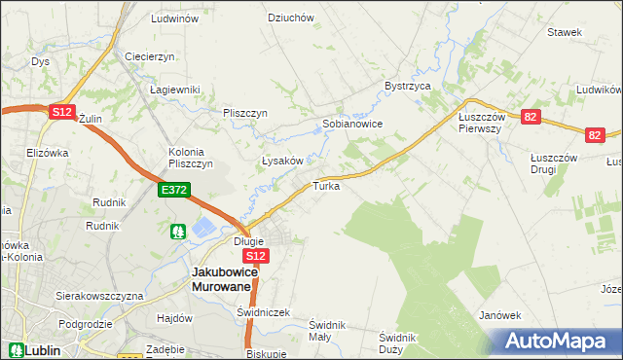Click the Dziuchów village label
click(x=290, y=18)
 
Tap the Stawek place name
click(x=564, y=32)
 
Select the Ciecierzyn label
click(x=149, y=56)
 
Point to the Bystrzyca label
click(x=408, y=86)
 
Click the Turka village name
click(x=326, y=186)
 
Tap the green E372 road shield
click(x=174, y=191)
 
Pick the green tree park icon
click(x=178, y=232)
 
